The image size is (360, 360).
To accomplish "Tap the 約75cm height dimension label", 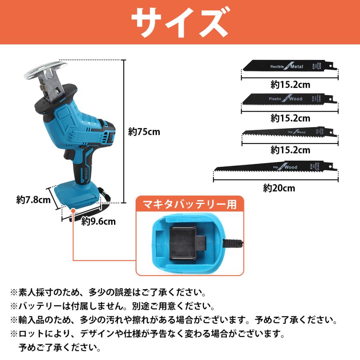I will [x=144, y=132].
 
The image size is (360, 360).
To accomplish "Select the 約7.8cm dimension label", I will [x=33, y=200].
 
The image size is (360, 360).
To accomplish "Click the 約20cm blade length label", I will [x=279, y=188].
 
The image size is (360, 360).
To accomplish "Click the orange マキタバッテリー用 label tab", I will [x=187, y=204].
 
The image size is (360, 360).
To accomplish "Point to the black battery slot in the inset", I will [x=185, y=244].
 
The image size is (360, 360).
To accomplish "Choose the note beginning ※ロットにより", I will [x=148, y=333].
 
